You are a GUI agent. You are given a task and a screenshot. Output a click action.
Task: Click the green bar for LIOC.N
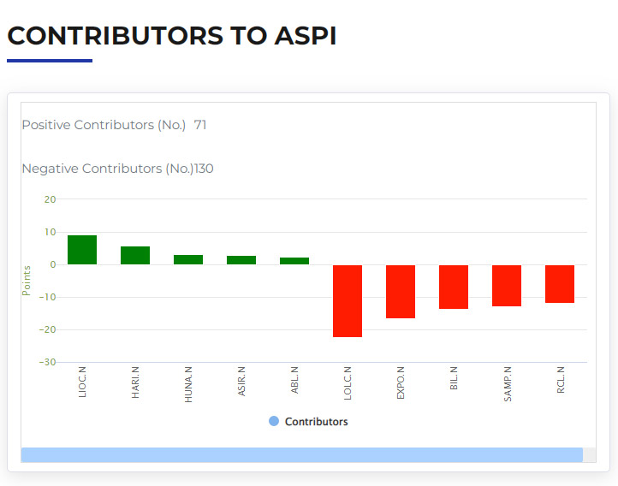82,250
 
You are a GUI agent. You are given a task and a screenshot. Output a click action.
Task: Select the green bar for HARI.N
135,255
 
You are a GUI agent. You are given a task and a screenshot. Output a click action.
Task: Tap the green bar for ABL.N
294,261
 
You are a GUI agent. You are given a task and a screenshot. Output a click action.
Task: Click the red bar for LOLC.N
348,301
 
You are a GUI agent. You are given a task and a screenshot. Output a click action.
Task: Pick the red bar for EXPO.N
401,292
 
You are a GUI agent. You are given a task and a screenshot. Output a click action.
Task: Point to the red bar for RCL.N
560,284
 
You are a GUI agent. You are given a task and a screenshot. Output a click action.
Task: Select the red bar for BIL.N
454,287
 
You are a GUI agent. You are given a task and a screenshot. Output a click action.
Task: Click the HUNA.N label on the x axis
188,384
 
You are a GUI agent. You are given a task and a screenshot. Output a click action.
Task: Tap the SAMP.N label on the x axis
508,384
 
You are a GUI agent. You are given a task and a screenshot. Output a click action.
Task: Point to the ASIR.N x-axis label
241,382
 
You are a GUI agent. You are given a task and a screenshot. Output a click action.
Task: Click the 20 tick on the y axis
50,199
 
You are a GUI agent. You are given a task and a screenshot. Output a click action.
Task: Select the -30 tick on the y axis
47,362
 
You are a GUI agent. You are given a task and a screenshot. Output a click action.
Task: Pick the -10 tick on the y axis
47,297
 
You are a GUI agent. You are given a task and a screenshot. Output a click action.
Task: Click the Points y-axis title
27,281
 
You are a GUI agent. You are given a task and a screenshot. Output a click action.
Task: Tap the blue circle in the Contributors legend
274,421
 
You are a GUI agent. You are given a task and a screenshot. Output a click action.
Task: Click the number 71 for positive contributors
200,125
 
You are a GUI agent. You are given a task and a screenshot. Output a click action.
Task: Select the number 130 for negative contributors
204,169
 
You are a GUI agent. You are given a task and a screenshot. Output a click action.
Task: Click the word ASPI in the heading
306,36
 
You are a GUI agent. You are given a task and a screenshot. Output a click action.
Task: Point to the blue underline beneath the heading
50,61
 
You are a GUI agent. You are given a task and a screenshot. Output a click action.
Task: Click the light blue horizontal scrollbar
302,455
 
